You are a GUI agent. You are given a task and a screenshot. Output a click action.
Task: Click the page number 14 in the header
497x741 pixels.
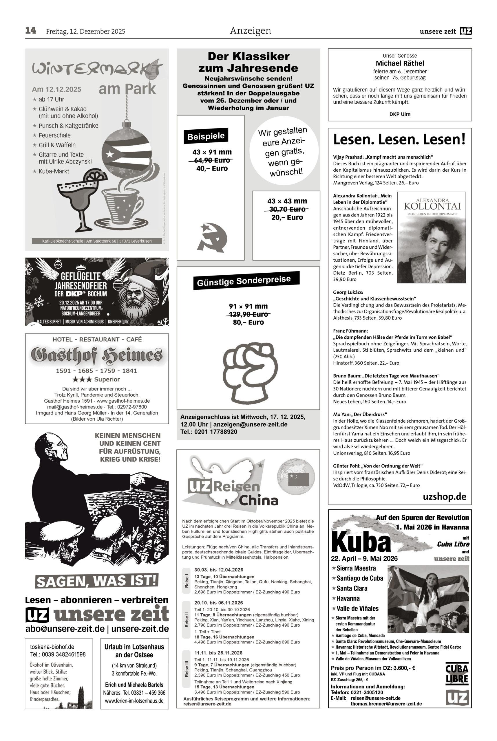click(x=31, y=31)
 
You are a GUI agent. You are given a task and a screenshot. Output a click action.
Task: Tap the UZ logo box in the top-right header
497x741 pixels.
click(x=466, y=31)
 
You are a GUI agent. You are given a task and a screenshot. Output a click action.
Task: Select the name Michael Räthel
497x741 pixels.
click(x=400, y=63)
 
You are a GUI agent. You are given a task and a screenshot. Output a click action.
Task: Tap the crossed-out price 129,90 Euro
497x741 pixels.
click(x=248, y=314)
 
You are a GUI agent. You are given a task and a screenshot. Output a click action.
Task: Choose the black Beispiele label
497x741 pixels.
click(x=205, y=136)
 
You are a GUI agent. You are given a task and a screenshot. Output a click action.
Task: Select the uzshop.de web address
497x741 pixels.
click(x=444, y=497)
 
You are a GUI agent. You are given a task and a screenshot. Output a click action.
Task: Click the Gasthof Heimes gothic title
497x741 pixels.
click(x=97, y=355)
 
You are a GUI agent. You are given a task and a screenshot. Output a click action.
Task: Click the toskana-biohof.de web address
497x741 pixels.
click(x=52, y=647)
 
